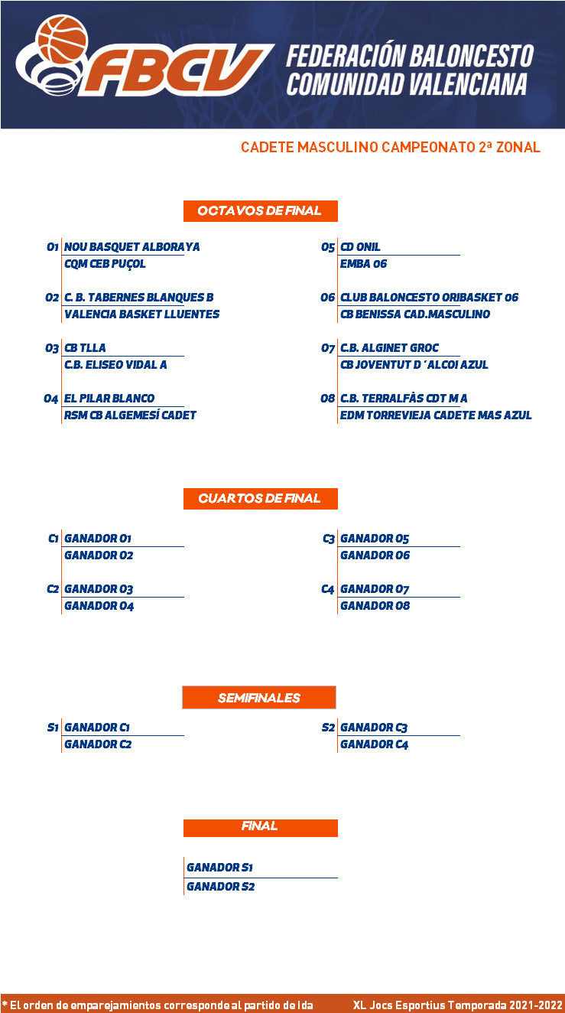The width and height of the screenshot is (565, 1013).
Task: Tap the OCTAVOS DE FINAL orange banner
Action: point(261,210)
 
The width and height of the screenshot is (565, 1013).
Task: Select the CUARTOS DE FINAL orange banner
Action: point(261,498)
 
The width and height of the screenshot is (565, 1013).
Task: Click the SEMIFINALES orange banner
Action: point(259,697)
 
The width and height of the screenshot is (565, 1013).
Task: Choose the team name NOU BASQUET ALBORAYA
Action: point(132,247)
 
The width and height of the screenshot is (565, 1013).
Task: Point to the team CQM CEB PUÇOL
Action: point(105,264)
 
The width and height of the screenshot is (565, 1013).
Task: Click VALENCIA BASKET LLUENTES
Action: point(142,314)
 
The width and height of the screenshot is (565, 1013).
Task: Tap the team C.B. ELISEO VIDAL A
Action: point(115,364)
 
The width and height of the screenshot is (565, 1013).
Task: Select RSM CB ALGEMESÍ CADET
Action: point(130,415)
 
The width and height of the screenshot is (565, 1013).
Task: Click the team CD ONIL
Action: point(360,247)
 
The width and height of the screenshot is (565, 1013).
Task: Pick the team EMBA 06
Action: point(363,264)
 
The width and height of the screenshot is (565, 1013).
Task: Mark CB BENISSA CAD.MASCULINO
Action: point(415,314)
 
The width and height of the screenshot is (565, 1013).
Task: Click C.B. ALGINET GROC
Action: point(390,348)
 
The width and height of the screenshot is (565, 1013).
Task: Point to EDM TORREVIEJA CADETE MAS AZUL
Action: point(436,415)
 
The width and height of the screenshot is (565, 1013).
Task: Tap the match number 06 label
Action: point(328,297)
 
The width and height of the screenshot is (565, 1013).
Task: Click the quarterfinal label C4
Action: point(328,589)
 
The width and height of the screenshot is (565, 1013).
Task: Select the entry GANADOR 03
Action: point(99,589)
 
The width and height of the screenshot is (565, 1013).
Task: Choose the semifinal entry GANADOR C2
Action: point(98,744)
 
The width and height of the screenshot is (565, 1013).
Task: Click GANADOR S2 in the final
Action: point(221,886)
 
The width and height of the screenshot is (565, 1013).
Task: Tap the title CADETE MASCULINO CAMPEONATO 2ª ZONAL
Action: point(391,147)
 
